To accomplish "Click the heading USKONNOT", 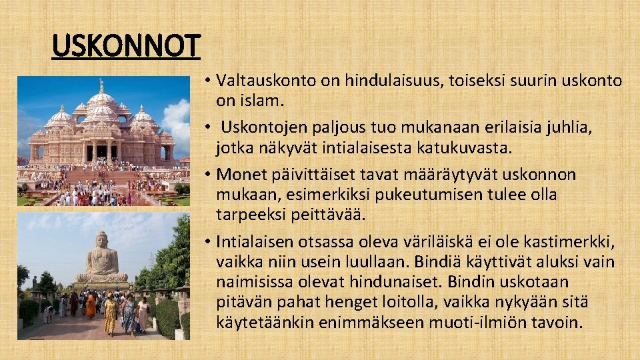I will click(126, 47).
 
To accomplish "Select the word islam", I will click(267, 101).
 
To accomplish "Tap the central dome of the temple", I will click(101, 99).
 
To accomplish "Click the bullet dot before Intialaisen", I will click(209, 241).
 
